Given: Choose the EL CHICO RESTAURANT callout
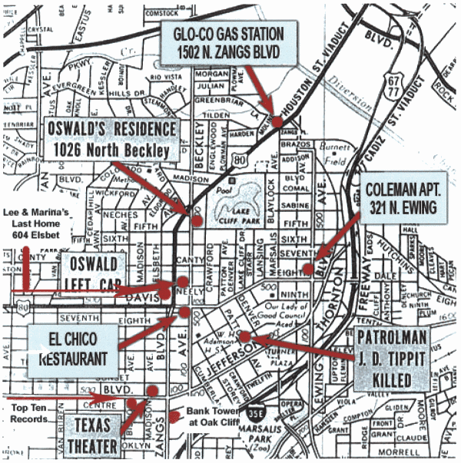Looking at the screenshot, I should pyautogui.click(x=73, y=350).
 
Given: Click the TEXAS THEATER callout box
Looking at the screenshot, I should pyautogui.click(x=97, y=435).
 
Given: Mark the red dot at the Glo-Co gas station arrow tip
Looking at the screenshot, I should pyautogui.click(x=277, y=121).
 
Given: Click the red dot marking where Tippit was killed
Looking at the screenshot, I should pyautogui.click(x=244, y=336).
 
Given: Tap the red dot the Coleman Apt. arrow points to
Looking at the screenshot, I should pyautogui.click(x=307, y=269).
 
